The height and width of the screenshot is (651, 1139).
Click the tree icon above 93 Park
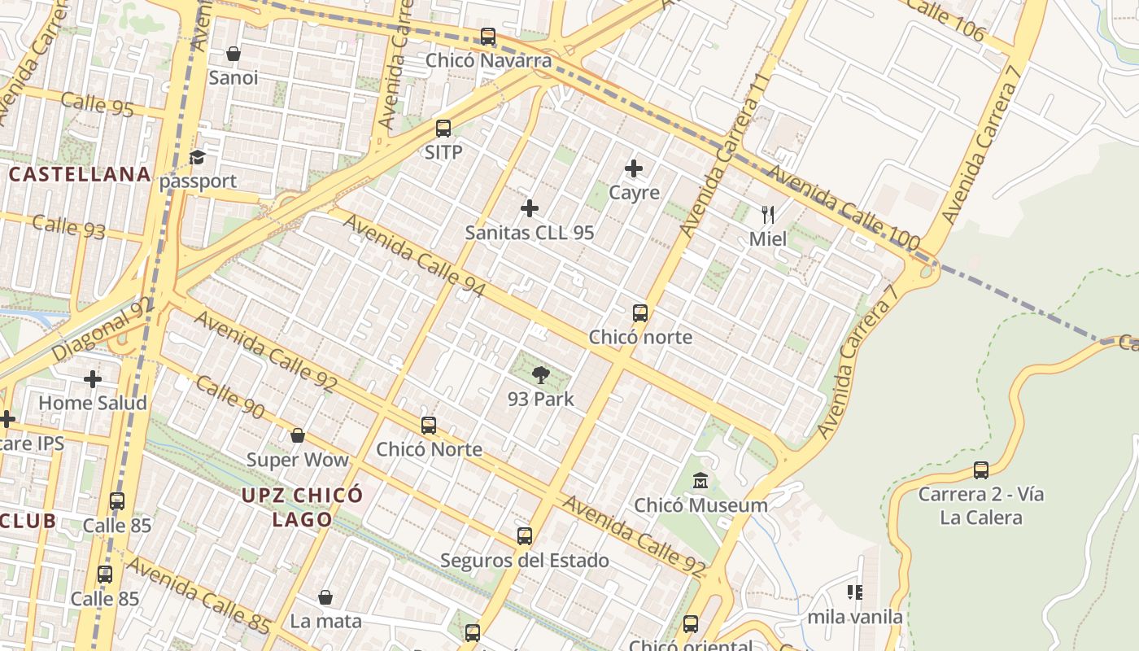[x=540, y=374]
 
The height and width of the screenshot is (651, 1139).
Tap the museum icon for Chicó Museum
[x=700, y=481]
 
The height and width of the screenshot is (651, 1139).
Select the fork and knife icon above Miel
[x=767, y=215]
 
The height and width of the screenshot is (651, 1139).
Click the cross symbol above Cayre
[x=634, y=168]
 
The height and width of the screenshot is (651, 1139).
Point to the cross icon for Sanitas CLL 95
[x=530, y=208]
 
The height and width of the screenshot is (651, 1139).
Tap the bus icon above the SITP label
[x=443, y=128]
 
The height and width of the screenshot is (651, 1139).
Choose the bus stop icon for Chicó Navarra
[x=488, y=37]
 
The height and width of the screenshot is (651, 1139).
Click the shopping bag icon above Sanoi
[x=233, y=54]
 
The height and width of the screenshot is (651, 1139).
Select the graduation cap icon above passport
[x=198, y=157]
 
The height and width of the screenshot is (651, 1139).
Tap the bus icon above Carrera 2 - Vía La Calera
[x=981, y=470]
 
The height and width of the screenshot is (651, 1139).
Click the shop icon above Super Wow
[x=298, y=435]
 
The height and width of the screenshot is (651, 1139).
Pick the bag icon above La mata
[x=325, y=597]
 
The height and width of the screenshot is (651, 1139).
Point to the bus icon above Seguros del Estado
[x=525, y=536]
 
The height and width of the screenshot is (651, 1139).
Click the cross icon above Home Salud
[x=93, y=378]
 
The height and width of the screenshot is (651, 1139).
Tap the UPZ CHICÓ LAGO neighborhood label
[x=302, y=507]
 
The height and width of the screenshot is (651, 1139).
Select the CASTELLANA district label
[x=80, y=174]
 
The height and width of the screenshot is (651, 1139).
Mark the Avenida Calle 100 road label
[x=843, y=208]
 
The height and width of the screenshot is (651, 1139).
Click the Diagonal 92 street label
[x=103, y=330]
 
